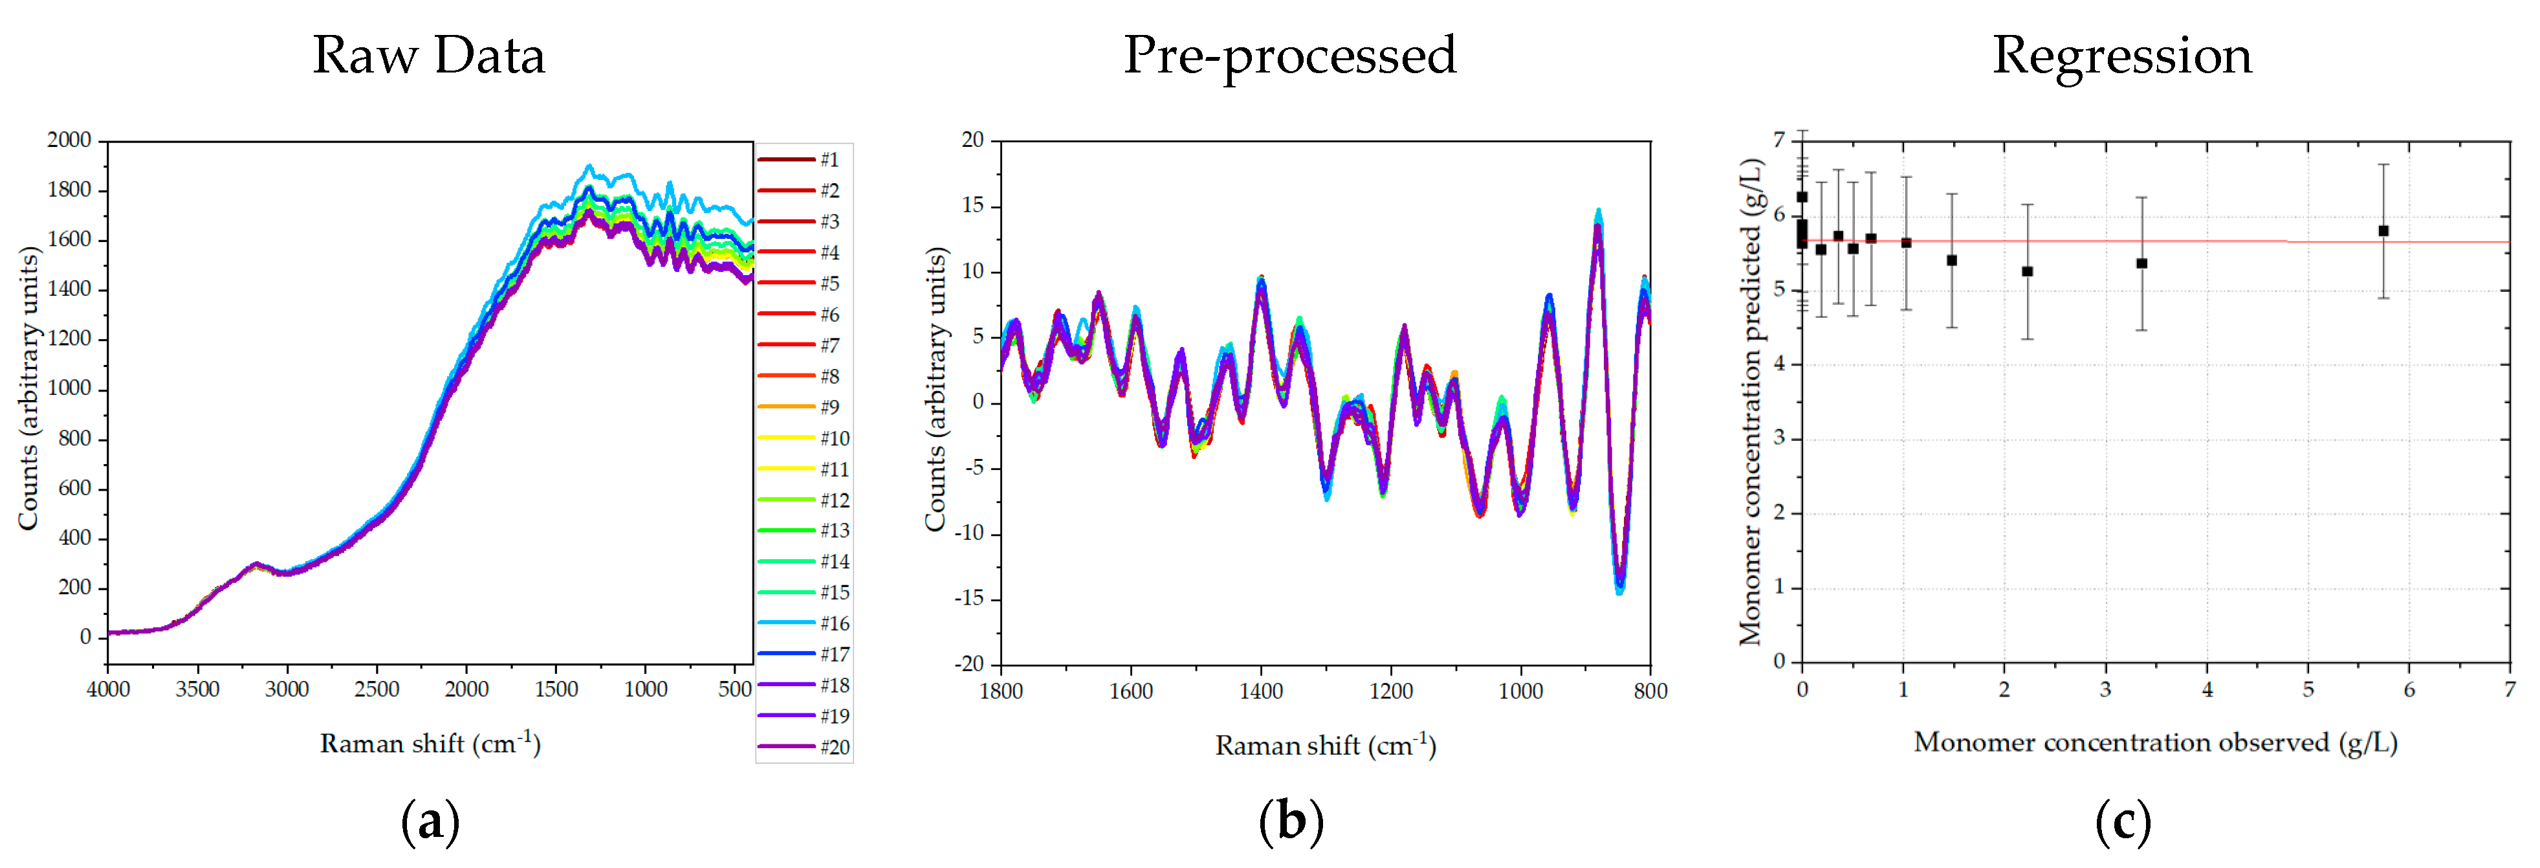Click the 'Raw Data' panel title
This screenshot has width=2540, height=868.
click(429, 55)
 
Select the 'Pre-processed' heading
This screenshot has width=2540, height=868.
click(1289, 55)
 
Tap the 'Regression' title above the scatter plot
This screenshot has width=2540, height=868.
click(2122, 55)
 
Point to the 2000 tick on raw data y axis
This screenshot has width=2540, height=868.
click(69, 140)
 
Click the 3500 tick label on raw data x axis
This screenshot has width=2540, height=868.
click(197, 689)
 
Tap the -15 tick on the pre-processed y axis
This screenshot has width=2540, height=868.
click(970, 599)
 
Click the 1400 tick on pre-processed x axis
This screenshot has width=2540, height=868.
click(1260, 691)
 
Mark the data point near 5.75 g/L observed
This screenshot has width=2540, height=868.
click(2383, 231)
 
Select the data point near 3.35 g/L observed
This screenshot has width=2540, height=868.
click(2141, 263)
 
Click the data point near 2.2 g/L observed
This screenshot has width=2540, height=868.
click(2027, 271)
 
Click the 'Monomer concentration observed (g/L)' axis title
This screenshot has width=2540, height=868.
click(2156, 742)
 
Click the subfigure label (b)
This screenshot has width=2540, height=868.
click(1291, 821)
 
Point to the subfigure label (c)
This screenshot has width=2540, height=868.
click(2123, 821)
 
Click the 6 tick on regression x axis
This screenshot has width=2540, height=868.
click(2409, 689)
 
